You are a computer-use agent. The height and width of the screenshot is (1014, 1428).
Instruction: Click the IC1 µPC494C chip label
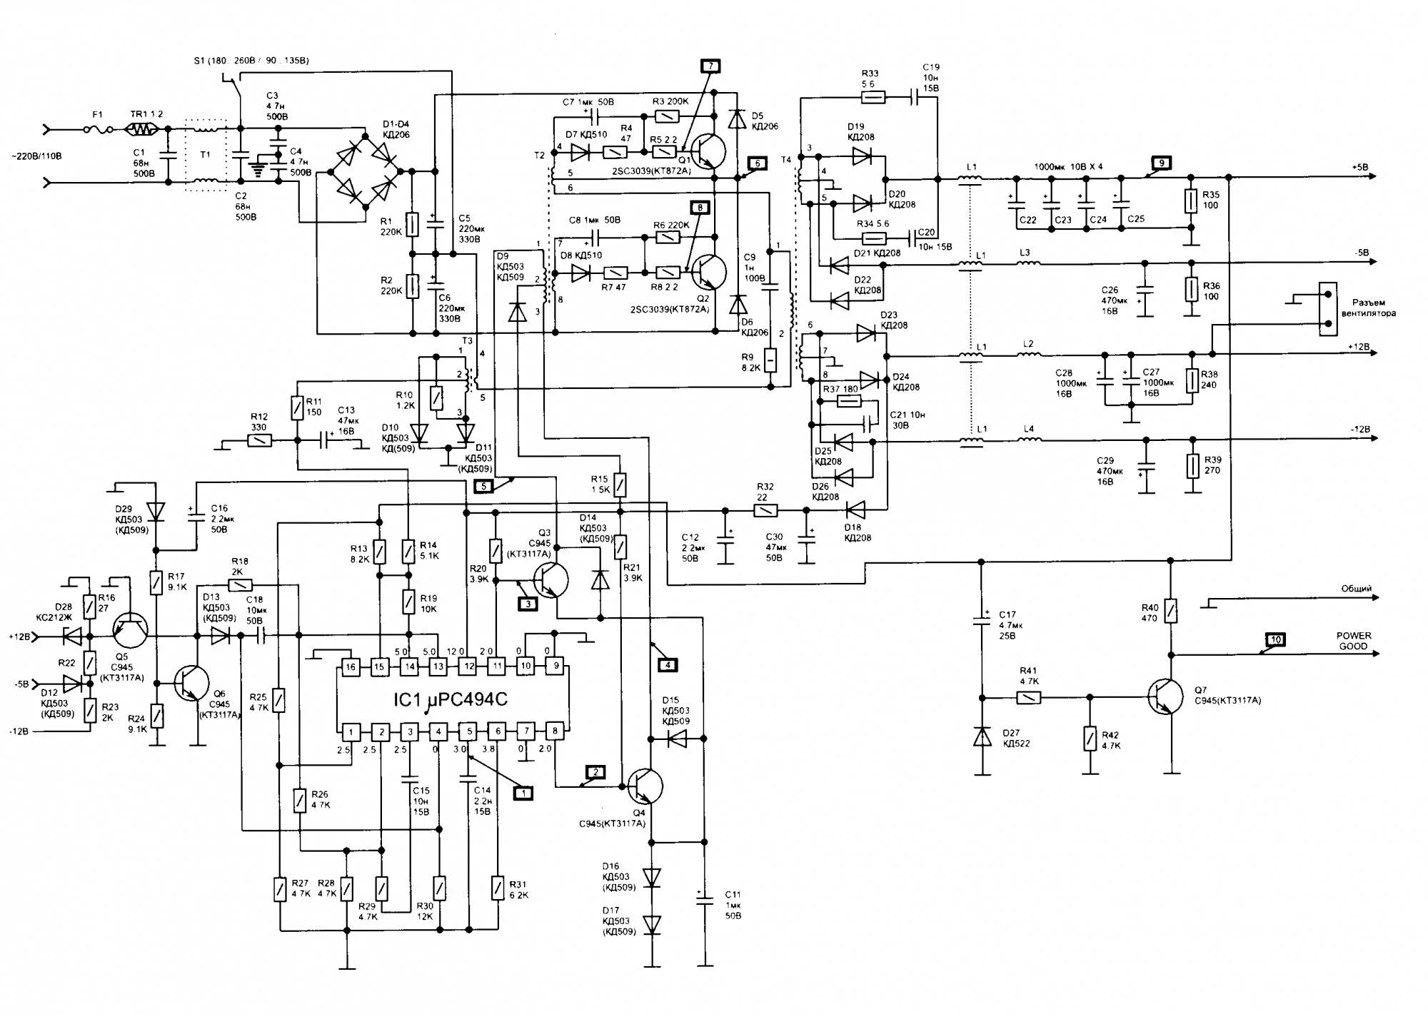coord(451,700)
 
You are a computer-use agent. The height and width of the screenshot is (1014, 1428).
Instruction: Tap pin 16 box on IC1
coord(350,667)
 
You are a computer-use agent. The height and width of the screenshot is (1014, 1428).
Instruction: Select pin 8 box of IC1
coord(555,731)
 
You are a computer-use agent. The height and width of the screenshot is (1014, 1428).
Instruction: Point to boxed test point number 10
coord(1275,639)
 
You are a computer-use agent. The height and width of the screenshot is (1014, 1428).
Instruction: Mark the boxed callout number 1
coord(523,793)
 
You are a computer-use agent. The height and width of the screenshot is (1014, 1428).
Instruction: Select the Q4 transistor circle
coord(645,786)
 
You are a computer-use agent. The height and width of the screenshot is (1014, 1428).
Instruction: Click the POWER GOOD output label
coord(1353,641)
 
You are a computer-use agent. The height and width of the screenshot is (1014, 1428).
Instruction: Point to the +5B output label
coord(1359,168)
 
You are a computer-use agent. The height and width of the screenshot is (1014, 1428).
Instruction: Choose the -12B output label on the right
coord(1359,430)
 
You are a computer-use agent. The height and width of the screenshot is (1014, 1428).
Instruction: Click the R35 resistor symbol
coord(1190,201)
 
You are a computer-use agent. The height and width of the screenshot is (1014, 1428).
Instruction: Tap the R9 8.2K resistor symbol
coord(770,361)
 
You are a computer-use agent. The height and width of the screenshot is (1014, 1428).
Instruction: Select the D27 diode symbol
coord(982,737)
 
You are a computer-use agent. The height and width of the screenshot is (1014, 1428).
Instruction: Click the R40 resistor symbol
coord(1170,611)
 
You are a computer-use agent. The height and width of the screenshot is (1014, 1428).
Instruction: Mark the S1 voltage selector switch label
coord(251,61)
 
